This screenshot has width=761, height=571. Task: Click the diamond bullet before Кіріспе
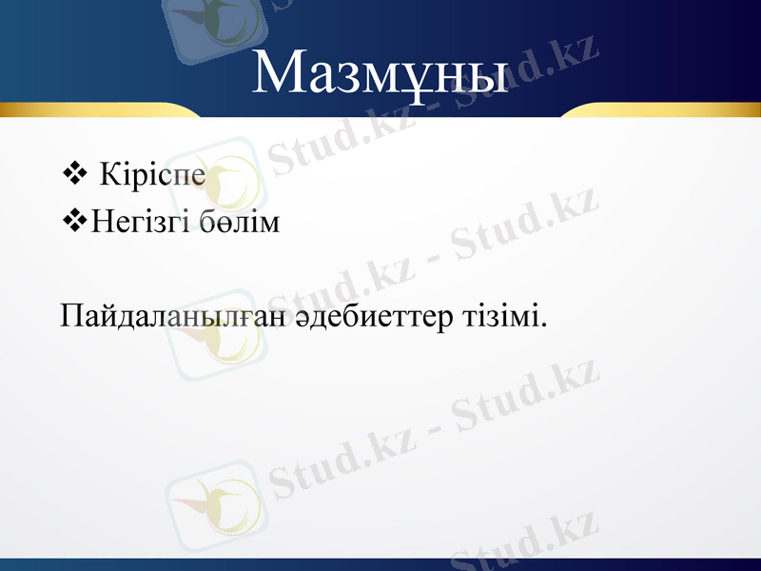point(71,174)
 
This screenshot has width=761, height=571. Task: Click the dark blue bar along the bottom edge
point(380,564)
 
